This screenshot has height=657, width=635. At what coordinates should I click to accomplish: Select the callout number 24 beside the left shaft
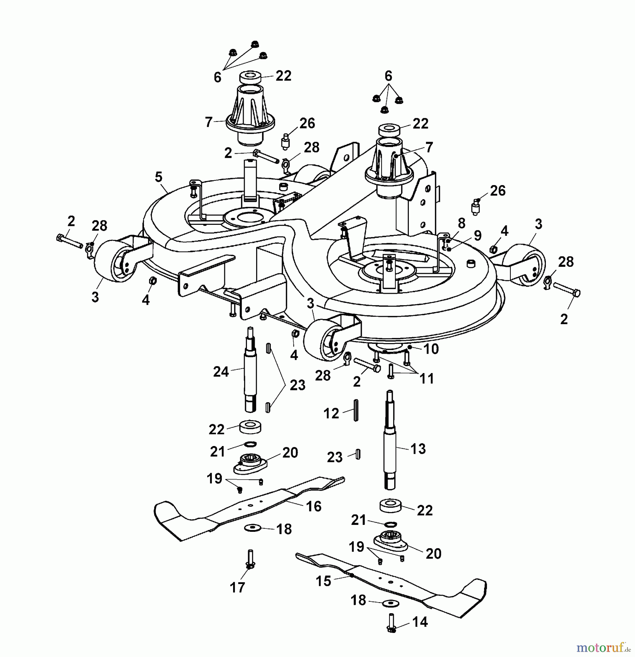point(221,372)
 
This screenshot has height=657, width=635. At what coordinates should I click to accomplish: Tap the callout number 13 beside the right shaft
point(418,449)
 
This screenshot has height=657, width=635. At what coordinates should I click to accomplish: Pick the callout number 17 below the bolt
point(237,588)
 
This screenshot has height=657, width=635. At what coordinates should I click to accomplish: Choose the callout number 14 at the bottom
point(419,622)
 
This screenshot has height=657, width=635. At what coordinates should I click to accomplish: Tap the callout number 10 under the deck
point(431,349)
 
